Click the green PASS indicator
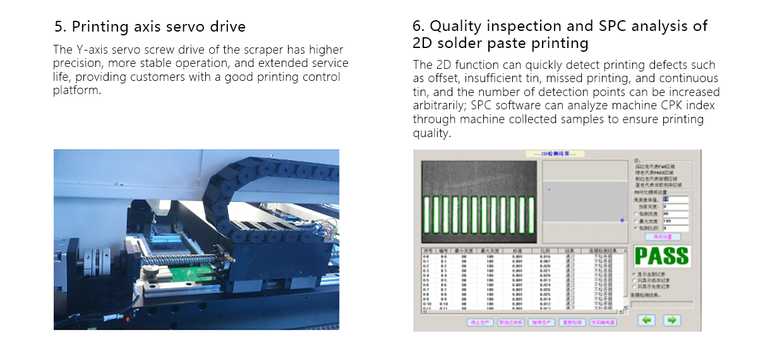[661, 256]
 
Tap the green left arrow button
[646, 320]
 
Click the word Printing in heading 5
[100, 27]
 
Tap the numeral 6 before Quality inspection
[418, 26]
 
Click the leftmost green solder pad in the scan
[428, 213]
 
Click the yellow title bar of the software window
[555, 153]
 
